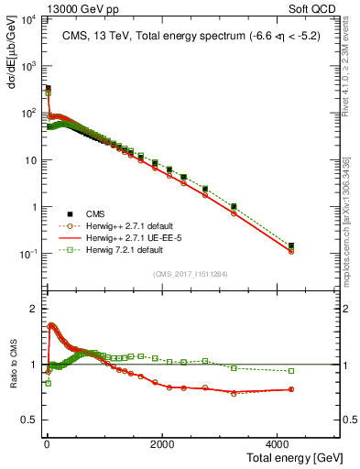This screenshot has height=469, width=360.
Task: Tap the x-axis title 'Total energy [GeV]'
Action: pos(292,455)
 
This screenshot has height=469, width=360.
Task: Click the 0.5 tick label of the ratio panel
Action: pos(29,420)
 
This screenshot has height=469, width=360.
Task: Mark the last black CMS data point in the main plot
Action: pos(291,245)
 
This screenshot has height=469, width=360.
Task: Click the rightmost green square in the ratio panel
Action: pos(291,371)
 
